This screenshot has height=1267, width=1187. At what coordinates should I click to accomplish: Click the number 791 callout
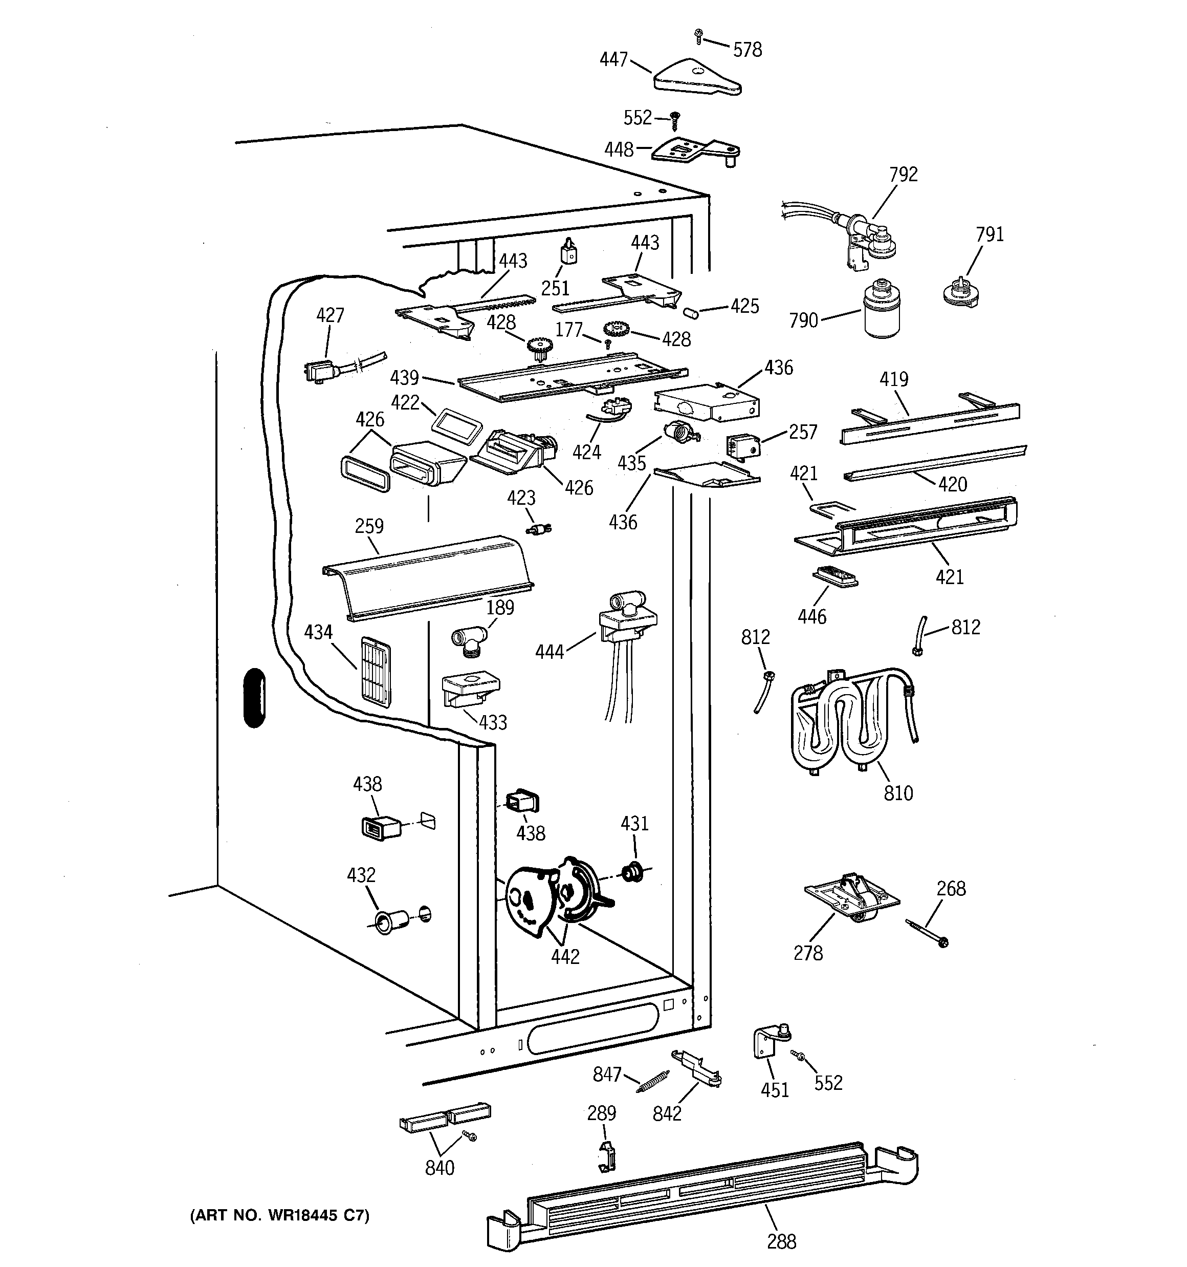point(990,234)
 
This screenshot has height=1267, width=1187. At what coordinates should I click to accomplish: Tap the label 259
point(369,526)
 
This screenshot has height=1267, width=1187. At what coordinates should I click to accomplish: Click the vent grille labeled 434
point(377,669)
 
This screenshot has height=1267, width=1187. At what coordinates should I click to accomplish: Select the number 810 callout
point(898,793)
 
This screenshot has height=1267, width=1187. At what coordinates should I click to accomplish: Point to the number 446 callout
point(812,616)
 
